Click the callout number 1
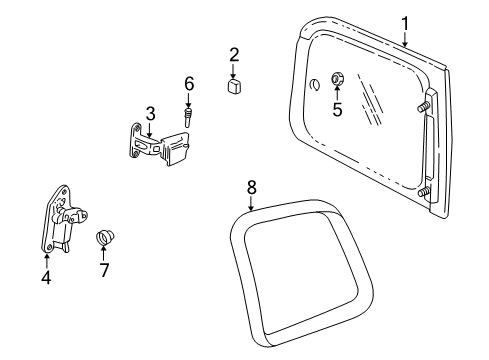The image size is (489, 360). pos(405,22)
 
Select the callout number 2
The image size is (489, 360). pos(234,54)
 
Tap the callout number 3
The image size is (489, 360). pos(150,112)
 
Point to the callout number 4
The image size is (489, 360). pos(46,277)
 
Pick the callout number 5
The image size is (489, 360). pos(337,110)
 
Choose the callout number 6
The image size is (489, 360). pos(187,83)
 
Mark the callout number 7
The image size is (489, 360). pos(104,270)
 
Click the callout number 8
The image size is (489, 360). pos(252,186)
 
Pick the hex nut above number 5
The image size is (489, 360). pos(337,79)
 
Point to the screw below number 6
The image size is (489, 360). pos(187,114)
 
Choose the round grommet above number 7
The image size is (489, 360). pos(104,239)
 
